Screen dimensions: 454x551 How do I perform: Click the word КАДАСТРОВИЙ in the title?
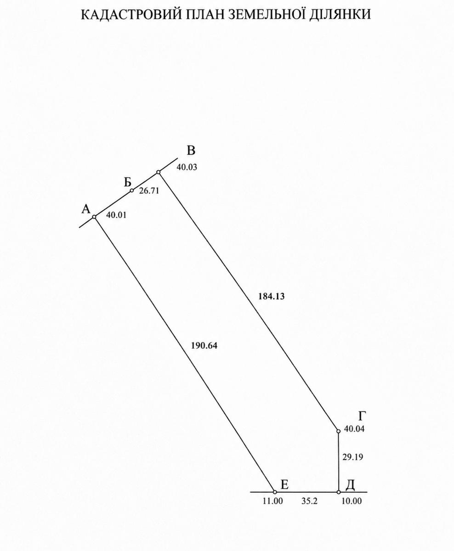tap(131, 14)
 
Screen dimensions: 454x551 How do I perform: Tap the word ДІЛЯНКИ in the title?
tap(340, 15)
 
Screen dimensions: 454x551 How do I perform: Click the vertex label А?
tap(86, 209)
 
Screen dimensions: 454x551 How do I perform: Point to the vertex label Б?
tap(127, 182)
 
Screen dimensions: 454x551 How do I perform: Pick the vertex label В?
tap(191, 151)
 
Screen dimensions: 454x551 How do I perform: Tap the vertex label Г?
tap(362, 416)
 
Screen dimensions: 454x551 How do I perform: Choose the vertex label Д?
tap(350, 484)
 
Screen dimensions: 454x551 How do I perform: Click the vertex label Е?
tap(284, 484)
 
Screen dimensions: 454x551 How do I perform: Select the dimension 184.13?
tap(271, 296)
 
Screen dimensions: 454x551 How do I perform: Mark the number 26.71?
tap(149, 191)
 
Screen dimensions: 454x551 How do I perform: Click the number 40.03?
tap(187, 167)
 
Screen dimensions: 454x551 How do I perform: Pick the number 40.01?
tap(116, 215)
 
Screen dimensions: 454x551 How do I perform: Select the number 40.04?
tap(354, 429)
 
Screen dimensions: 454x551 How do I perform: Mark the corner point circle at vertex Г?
tap(338, 431)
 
